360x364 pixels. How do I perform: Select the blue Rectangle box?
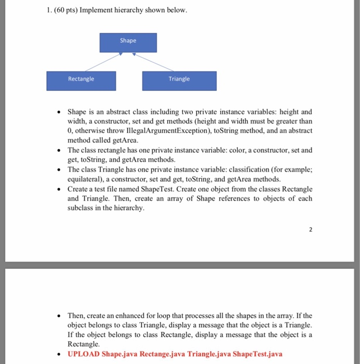coord(81,80)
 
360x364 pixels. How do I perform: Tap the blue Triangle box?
coord(179,80)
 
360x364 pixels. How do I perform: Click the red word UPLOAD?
coord(84,354)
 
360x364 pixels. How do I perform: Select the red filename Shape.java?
coord(120,354)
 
